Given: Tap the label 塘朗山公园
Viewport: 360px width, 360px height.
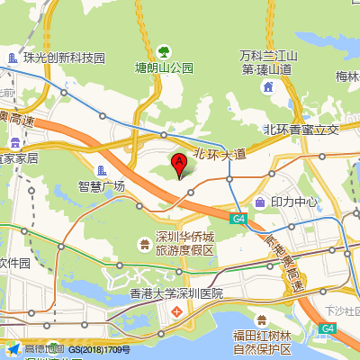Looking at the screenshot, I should [x=165, y=67].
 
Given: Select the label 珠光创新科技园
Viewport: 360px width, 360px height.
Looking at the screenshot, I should [x=64, y=58].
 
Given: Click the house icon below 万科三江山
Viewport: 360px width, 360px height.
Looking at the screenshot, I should [x=268, y=86].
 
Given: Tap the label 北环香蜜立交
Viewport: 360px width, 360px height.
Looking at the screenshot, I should [x=301, y=130].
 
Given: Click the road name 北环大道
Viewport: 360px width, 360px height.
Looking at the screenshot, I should [x=220, y=154].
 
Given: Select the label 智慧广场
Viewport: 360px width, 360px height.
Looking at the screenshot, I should [x=102, y=186].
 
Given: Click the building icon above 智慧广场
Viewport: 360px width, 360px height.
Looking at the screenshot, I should [x=102, y=170].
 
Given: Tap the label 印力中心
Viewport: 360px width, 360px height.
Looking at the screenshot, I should [x=294, y=202].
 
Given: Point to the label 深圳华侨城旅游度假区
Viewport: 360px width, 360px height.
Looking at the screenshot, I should [x=184, y=243].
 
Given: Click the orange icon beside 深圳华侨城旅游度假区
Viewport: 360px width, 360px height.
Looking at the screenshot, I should [x=144, y=243].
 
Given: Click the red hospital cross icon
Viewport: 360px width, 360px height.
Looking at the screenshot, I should [x=176, y=311].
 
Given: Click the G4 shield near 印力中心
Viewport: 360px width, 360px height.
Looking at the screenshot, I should [x=238, y=219].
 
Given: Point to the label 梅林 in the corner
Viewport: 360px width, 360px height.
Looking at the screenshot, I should [x=346, y=76].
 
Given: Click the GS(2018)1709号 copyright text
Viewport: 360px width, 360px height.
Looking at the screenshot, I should [x=100, y=349].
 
